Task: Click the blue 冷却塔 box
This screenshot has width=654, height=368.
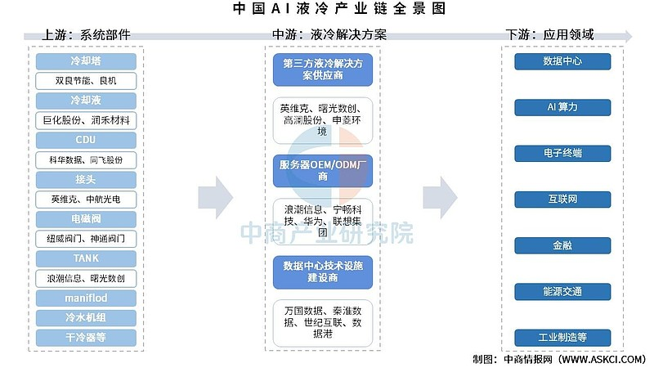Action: [86, 61]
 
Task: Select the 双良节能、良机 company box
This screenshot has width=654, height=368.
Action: [86, 81]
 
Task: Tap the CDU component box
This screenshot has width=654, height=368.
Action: [86, 140]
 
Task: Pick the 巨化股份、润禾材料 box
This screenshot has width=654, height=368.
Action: [86, 120]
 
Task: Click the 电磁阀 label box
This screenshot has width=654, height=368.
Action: [86, 218]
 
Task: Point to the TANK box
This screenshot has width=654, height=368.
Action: [86, 258]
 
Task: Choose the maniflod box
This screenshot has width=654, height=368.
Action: [86, 297]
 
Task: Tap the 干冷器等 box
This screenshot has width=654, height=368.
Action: [86, 336]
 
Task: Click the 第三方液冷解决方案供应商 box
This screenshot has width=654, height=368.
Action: [323, 69]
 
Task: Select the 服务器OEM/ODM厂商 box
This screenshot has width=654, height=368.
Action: [323, 169]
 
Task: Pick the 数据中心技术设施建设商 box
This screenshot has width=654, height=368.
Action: [323, 272]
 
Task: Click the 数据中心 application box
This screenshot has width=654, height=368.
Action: [562, 61]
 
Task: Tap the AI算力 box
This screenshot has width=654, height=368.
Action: [562, 107]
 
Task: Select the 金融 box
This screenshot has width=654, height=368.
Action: [562, 245]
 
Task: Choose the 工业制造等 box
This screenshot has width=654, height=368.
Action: [562, 336]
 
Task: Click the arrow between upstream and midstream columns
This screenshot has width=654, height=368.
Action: [215, 195]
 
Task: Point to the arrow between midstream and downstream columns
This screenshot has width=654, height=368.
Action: [440, 195]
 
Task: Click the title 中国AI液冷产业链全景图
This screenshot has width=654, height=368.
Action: [327, 10]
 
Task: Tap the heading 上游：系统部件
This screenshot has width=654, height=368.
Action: [86, 35]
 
